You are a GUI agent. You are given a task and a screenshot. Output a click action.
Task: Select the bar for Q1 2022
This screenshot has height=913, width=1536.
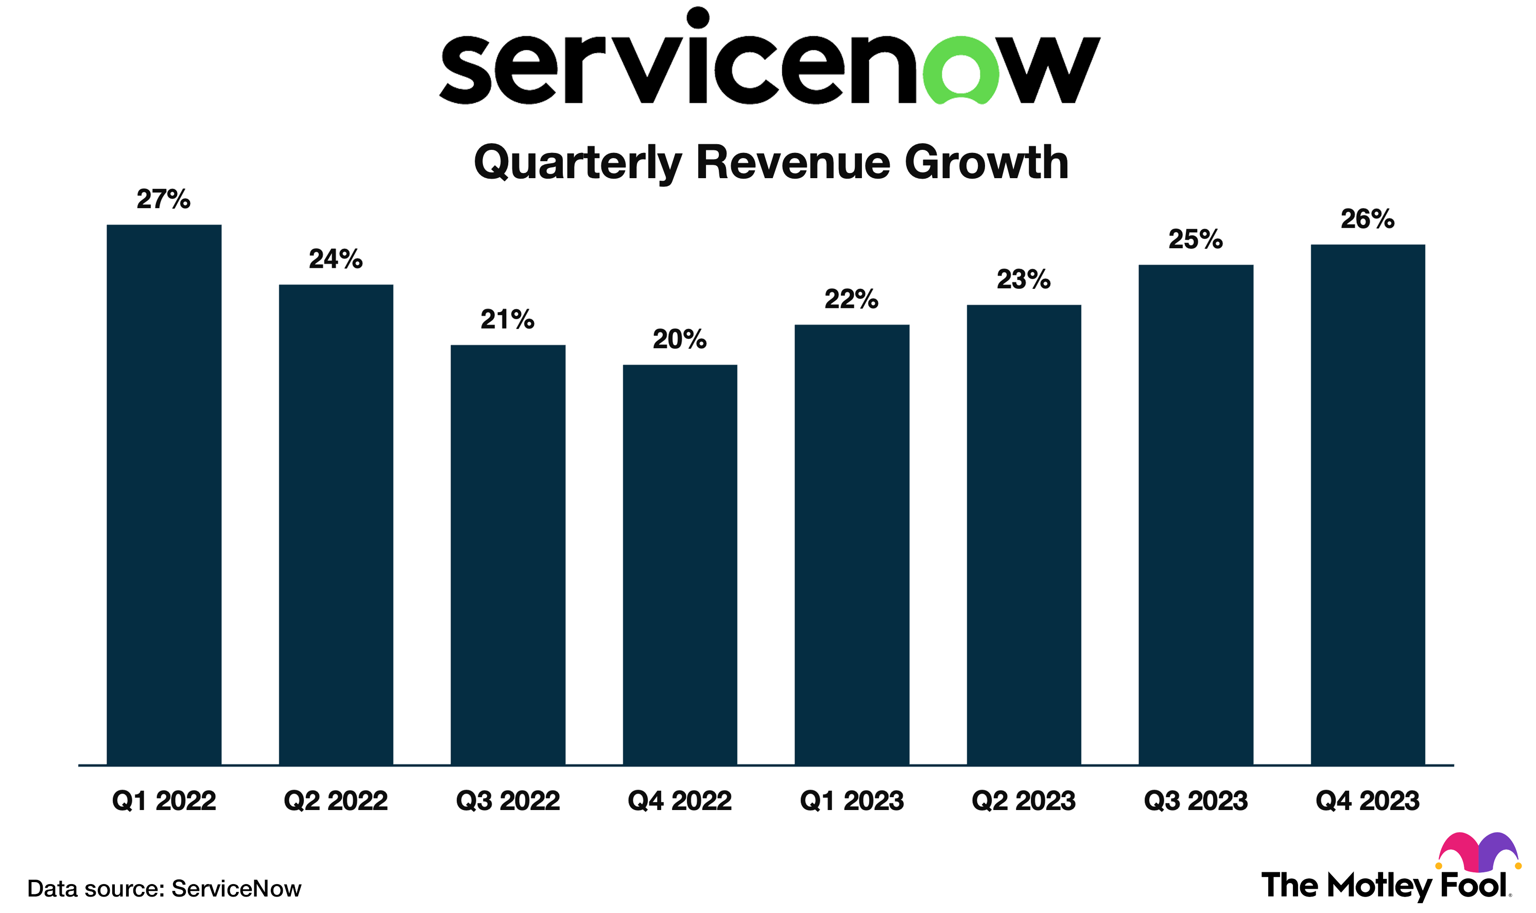[x=164, y=495]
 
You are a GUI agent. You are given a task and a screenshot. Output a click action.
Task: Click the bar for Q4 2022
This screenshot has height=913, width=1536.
[x=680, y=565]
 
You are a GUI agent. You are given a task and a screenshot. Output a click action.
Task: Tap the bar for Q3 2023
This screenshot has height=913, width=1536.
[x=1195, y=514]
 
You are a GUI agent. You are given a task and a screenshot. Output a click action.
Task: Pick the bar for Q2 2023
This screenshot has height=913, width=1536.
[x=1024, y=535]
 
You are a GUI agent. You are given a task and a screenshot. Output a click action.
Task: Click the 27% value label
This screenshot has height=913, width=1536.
[x=164, y=199]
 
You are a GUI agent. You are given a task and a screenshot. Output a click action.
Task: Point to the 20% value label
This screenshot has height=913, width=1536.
[x=680, y=339]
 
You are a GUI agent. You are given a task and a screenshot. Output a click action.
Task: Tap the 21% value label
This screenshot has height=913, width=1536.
[x=508, y=320]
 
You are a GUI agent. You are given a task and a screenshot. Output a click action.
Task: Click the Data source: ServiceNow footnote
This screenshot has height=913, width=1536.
[x=164, y=888]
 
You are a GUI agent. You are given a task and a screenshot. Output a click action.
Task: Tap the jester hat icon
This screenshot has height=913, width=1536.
[x=1478, y=853]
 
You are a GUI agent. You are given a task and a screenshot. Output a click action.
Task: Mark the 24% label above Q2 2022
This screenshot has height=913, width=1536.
[x=336, y=260]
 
